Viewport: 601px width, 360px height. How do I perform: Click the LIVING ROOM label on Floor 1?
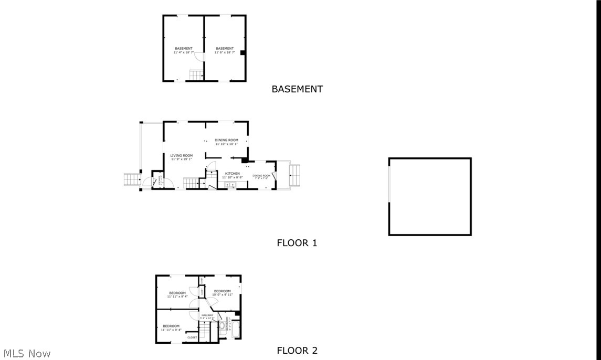(x=181, y=155)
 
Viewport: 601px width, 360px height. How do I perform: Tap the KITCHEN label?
(x=233, y=173)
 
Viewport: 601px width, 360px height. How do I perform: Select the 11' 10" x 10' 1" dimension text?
(x=226, y=144)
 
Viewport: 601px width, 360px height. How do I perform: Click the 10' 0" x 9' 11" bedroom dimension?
(x=222, y=295)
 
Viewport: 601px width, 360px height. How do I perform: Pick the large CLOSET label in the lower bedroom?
(x=192, y=337)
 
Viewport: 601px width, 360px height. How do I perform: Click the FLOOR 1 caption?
(x=297, y=243)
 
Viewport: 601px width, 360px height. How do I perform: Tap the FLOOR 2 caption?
(x=297, y=351)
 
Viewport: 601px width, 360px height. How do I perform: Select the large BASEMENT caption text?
(x=297, y=89)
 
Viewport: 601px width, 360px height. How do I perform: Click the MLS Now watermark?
(x=26, y=353)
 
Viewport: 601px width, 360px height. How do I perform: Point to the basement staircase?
(x=196, y=76)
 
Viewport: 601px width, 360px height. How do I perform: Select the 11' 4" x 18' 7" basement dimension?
(x=184, y=52)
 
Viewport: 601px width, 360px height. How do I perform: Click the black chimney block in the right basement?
(x=242, y=52)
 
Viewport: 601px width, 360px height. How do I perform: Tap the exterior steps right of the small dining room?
(x=295, y=175)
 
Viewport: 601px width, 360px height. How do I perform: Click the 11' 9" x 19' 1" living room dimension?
(x=181, y=159)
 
